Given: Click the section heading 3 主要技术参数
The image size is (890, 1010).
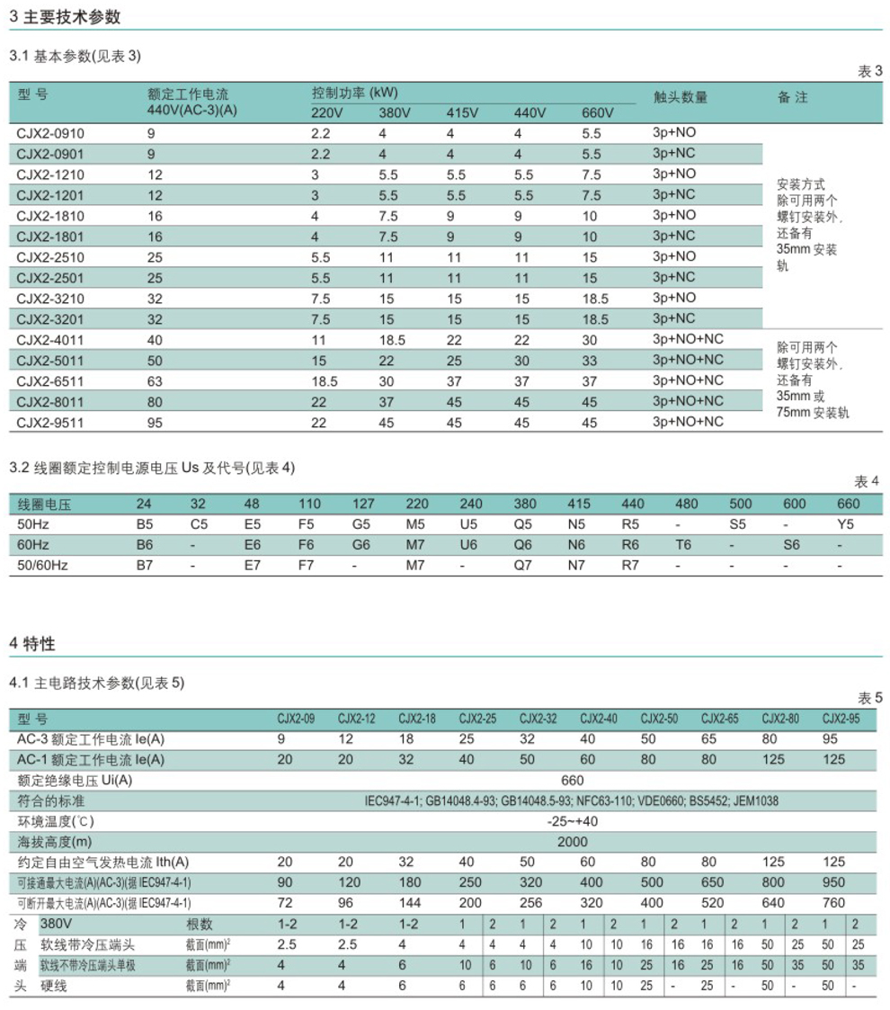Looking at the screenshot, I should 65,17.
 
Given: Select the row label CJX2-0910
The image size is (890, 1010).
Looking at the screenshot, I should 50,133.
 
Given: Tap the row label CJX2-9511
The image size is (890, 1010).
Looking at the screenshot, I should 50,422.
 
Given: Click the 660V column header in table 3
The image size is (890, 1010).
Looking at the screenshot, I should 598,113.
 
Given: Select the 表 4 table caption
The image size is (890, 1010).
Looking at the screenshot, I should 867,481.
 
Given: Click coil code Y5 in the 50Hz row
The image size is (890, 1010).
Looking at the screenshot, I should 847,524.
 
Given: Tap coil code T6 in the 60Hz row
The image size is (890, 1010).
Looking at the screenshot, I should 683,545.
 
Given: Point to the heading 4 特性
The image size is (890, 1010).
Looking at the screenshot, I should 32,644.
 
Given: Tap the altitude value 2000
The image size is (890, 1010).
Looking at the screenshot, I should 572,842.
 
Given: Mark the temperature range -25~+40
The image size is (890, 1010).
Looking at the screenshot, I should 572,821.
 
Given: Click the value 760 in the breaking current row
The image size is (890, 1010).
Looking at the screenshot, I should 834,902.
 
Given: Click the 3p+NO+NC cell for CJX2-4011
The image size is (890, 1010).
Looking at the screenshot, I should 688,339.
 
